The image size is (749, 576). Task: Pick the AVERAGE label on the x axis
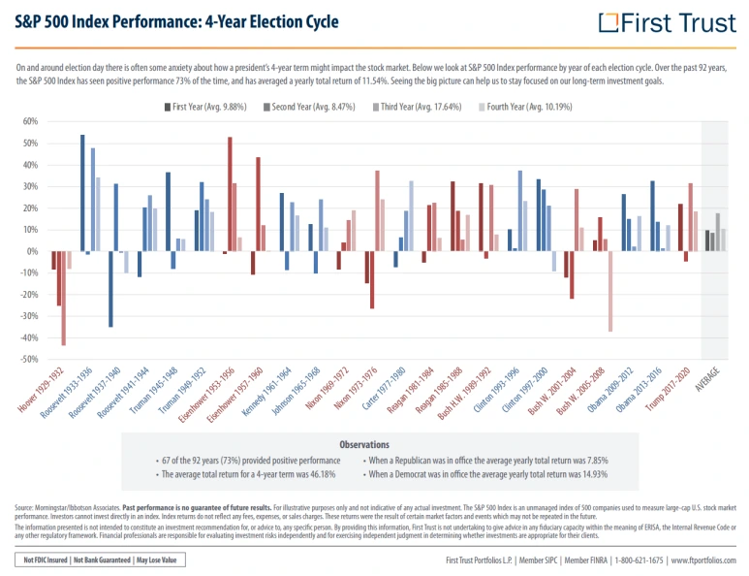click(718, 378)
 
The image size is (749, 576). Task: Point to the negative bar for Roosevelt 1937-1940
click(110, 289)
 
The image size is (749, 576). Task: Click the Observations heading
click(363, 444)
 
